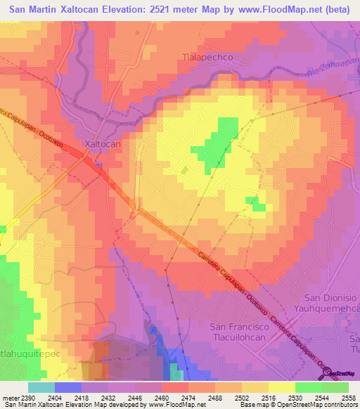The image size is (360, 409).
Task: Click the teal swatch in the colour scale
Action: [x=41, y=387]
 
